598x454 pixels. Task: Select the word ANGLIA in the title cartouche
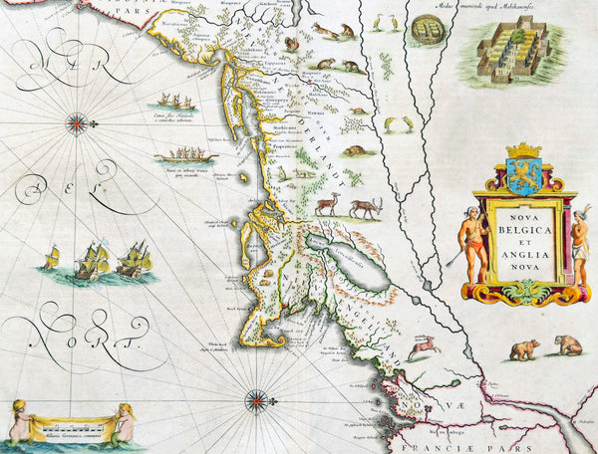pos(524,253)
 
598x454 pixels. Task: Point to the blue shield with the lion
pos(523,173)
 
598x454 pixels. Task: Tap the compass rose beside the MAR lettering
pos(76,122)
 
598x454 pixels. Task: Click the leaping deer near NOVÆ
pos(425,345)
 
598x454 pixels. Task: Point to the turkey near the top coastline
pos(292,44)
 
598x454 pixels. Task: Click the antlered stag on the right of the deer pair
pos(365,206)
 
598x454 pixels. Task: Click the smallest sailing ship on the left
pos(51,262)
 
